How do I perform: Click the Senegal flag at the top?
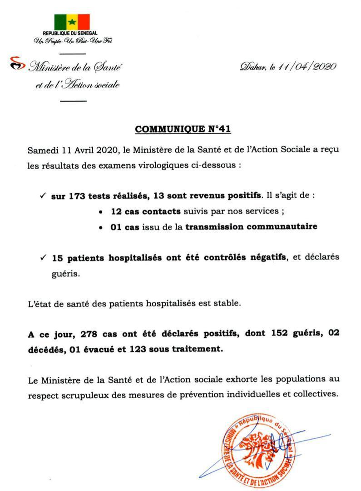[x=72, y=22]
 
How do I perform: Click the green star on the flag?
[x=72, y=22]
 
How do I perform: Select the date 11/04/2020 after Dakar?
[x=307, y=66]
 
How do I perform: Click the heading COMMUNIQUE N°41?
[x=183, y=129]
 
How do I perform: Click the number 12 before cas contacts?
[x=116, y=211]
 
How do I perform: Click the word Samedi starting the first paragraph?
[x=40, y=150]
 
